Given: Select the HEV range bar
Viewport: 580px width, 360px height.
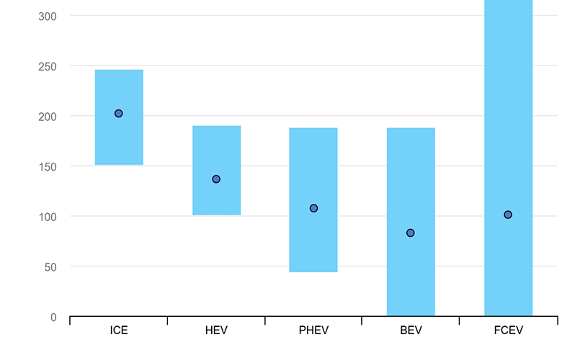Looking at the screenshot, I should pyautogui.click(x=216, y=151).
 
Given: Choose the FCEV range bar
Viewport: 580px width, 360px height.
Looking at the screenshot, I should pyautogui.click(x=508, y=144).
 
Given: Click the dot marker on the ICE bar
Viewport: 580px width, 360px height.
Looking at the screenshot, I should pyautogui.click(x=119, y=114).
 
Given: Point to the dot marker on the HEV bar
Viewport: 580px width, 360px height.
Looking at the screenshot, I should pyautogui.click(x=216, y=179).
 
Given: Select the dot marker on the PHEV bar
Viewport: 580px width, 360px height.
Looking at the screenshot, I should pyautogui.click(x=313, y=208).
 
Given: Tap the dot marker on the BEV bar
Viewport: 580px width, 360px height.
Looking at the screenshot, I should pyautogui.click(x=411, y=233).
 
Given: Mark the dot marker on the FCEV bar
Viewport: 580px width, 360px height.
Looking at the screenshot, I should pyautogui.click(x=508, y=215).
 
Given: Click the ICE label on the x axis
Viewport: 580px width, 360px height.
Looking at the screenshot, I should pyautogui.click(x=119, y=331).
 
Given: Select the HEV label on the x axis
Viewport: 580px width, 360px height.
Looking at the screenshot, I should pyautogui.click(x=216, y=331).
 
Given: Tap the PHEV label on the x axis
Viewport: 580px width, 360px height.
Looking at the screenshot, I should pyautogui.click(x=313, y=331).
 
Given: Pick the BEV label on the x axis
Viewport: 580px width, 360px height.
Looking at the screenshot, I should pyautogui.click(x=411, y=331).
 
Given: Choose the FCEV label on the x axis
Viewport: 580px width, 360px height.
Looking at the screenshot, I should pyautogui.click(x=508, y=331).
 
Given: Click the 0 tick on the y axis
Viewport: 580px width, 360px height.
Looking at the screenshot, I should pyautogui.click(x=53, y=317).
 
